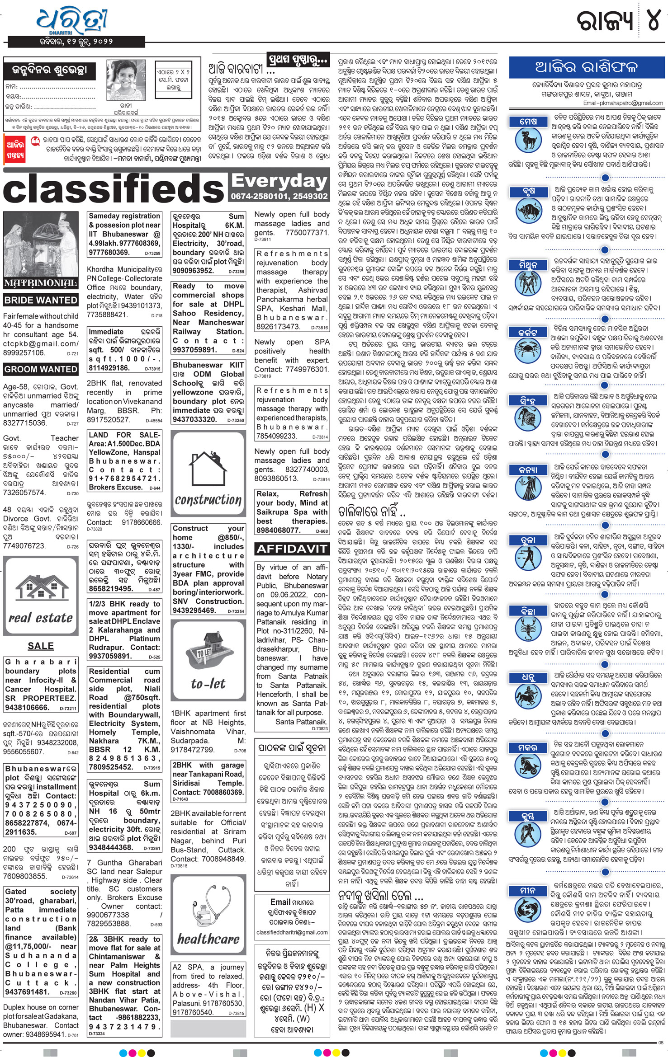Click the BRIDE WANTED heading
click(41, 300)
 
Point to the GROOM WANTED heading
click(41, 369)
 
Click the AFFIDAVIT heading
click(291, 549)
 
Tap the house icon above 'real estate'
click(41, 587)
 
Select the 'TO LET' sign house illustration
click(208, 650)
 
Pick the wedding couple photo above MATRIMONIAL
click(41, 244)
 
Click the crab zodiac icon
click(527, 351)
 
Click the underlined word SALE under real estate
click(41, 646)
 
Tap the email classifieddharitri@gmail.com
click(292, 932)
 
